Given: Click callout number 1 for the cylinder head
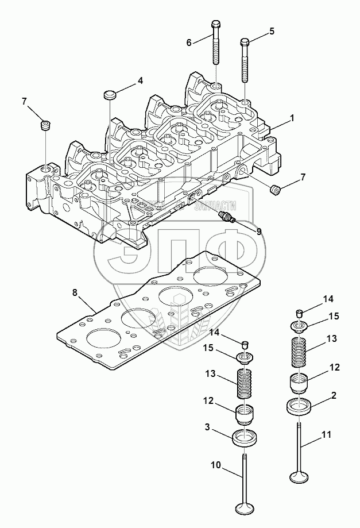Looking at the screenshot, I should (292, 118).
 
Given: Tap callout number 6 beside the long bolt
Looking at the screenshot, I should (188, 42).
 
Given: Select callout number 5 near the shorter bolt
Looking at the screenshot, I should (272, 30).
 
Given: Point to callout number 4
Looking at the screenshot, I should (140, 82).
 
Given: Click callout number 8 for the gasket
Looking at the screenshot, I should (75, 293).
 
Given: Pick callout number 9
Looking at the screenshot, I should (259, 232).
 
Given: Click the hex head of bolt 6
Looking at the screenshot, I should (215, 25).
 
